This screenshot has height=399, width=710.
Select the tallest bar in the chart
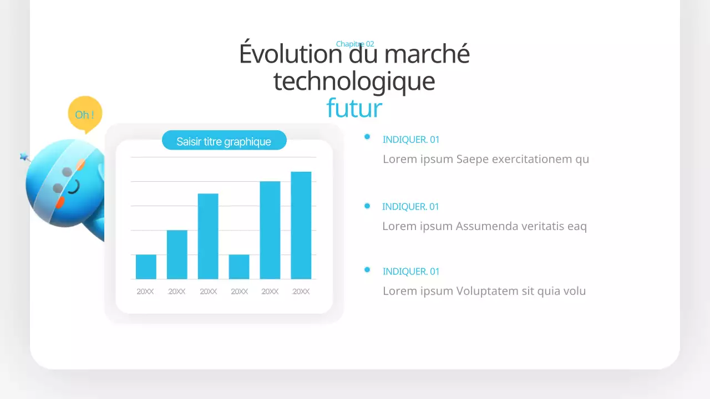301,225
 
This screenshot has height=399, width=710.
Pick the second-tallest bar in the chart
270,230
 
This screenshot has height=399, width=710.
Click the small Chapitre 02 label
355,44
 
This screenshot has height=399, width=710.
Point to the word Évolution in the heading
290,54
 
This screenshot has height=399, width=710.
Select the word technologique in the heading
354,81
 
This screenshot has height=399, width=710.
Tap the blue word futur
354,108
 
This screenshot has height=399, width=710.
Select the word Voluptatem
485,291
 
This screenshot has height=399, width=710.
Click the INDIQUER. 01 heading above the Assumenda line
410,207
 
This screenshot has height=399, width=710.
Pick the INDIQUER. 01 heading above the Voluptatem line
411,272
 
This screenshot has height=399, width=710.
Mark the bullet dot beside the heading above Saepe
367,137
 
